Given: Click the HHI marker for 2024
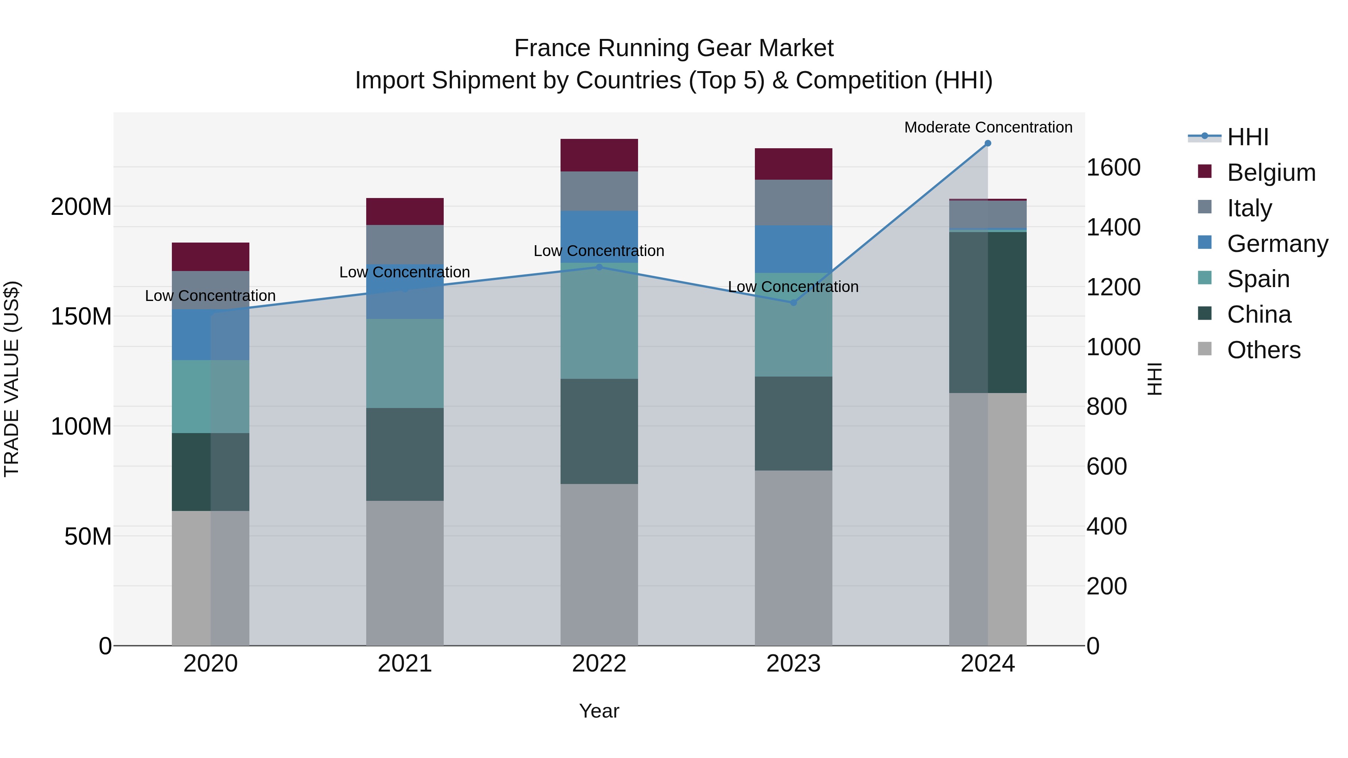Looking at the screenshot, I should (987, 143).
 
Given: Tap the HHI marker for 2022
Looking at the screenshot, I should (599, 267).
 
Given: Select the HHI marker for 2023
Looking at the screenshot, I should (793, 303).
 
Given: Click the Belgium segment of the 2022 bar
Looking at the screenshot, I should (599, 155).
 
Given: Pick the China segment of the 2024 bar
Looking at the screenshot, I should (987, 312).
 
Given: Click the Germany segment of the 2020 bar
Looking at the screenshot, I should (210, 335).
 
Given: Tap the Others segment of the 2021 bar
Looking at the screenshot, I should (404, 573).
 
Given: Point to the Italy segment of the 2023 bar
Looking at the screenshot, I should (793, 203).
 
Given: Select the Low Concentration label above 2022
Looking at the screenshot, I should (599, 251).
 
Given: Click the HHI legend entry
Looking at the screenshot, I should (1248, 137).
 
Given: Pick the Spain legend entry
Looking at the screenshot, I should (1258, 279).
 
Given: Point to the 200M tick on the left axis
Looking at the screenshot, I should (81, 207).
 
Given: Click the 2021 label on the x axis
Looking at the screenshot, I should (404, 664).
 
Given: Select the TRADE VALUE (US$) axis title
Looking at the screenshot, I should (12, 379).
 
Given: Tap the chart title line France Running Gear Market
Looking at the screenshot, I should (674, 48).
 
